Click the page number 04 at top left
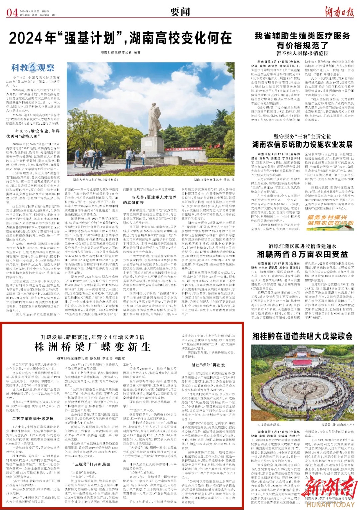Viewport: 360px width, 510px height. coord(12,13)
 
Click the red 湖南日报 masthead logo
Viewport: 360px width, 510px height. coord(339,12)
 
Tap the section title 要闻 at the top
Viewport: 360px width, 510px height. coord(180,12)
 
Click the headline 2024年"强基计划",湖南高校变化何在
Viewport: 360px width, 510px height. coord(120,38)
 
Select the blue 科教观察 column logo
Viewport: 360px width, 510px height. coord(33,68)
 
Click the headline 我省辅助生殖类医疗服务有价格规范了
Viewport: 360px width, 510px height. coord(302,40)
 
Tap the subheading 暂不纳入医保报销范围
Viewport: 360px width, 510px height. coord(302,53)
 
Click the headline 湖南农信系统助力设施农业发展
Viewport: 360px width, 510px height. coord(302,144)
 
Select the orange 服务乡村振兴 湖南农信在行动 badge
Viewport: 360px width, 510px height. coord(330,220)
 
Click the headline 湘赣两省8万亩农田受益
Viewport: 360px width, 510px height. coord(302,254)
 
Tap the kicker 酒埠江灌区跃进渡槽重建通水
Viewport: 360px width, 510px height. coord(302,246)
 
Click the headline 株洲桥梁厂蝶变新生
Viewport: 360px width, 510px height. coord(93,347)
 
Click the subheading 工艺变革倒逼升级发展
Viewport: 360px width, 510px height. coord(33,419)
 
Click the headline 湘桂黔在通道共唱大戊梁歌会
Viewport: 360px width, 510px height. coord(302,336)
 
